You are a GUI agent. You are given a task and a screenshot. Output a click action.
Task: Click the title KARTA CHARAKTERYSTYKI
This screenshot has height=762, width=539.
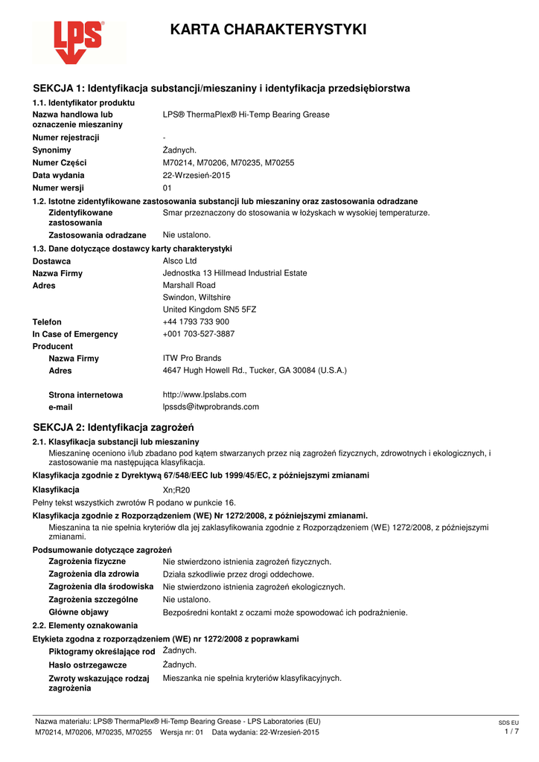[268, 30]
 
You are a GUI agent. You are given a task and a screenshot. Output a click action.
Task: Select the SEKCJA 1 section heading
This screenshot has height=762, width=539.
[221, 89]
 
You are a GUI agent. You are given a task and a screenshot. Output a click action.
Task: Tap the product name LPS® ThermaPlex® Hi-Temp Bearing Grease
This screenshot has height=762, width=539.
[246, 115]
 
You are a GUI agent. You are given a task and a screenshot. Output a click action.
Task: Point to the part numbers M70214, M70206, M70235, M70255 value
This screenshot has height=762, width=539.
[229, 162]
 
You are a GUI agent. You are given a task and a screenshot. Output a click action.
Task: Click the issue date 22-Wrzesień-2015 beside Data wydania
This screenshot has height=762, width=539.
[197, 175]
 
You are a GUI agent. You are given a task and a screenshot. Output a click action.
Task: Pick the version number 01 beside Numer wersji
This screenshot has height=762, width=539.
[168, 188]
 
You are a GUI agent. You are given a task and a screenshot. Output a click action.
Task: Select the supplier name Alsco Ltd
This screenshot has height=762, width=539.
[179, 261]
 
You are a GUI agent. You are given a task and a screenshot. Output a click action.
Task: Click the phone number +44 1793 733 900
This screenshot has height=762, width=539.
[196, 322]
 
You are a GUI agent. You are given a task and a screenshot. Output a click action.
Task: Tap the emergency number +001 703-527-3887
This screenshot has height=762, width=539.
[199, 334]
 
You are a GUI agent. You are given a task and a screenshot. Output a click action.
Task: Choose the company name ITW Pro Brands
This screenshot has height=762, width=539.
[192, 358]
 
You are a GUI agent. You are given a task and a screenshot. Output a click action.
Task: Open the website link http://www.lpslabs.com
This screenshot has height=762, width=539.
[204, 394]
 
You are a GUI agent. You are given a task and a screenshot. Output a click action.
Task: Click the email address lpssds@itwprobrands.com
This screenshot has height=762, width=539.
[211, 407]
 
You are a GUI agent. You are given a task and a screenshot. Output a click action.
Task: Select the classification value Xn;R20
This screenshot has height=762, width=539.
[176, 490]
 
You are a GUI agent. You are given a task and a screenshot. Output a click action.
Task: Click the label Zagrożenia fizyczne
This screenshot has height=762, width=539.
[87, 561]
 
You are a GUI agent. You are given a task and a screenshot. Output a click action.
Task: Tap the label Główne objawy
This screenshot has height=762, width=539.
[78, 612]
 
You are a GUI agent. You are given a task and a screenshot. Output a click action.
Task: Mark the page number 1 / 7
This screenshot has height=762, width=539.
[511, 732]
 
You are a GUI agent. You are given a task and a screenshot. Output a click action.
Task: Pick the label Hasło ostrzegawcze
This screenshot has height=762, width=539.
[88, 665]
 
